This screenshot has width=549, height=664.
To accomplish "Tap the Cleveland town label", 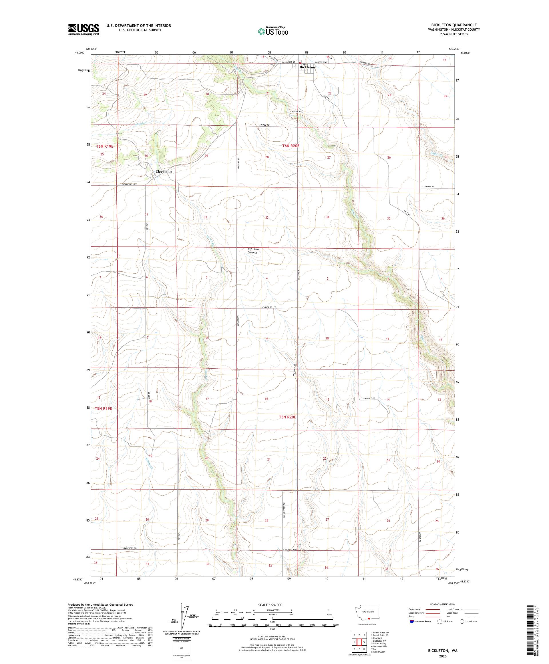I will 163,172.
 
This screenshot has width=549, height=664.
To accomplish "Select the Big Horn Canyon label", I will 252,251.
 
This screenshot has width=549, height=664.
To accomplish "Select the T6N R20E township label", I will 290,146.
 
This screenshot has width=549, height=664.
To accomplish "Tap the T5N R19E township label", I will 104,408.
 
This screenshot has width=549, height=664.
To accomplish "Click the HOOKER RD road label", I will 266,307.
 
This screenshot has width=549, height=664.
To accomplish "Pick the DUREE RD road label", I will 265,125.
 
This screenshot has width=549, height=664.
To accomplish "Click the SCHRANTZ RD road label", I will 289,550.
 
